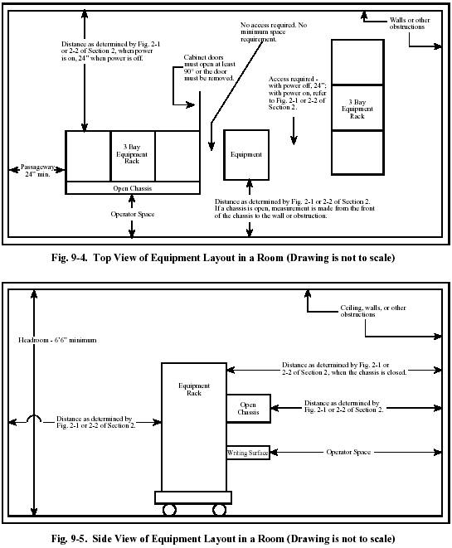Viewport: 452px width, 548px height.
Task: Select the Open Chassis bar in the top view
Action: (x=133, y=188)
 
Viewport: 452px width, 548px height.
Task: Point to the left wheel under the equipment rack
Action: (x=169, y=510)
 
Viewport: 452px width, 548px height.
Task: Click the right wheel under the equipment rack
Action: (x=219, y=510)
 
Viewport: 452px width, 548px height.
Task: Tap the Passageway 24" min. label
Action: (x=38, y=170)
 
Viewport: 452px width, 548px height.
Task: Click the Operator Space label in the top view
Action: (x=133, y=214)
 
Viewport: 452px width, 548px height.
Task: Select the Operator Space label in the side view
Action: (x=348, y=452)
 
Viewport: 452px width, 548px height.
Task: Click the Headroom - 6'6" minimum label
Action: (x=57, y=340)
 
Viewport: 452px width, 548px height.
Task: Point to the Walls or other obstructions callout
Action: (x=410, y=23)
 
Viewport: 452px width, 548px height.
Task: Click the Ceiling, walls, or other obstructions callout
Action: (x=373, y=311)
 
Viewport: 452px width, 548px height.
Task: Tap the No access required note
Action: (x=274, y=32)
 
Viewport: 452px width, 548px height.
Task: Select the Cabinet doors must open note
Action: (x=209, y=67)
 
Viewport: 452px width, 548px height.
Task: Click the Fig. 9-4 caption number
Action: (x=69, y=258)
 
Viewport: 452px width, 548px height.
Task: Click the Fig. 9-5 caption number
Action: (x=69, y=538)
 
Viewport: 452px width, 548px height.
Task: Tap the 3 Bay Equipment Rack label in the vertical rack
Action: (x=357, y=109)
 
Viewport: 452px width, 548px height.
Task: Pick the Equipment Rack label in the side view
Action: (x=194, y=389)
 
